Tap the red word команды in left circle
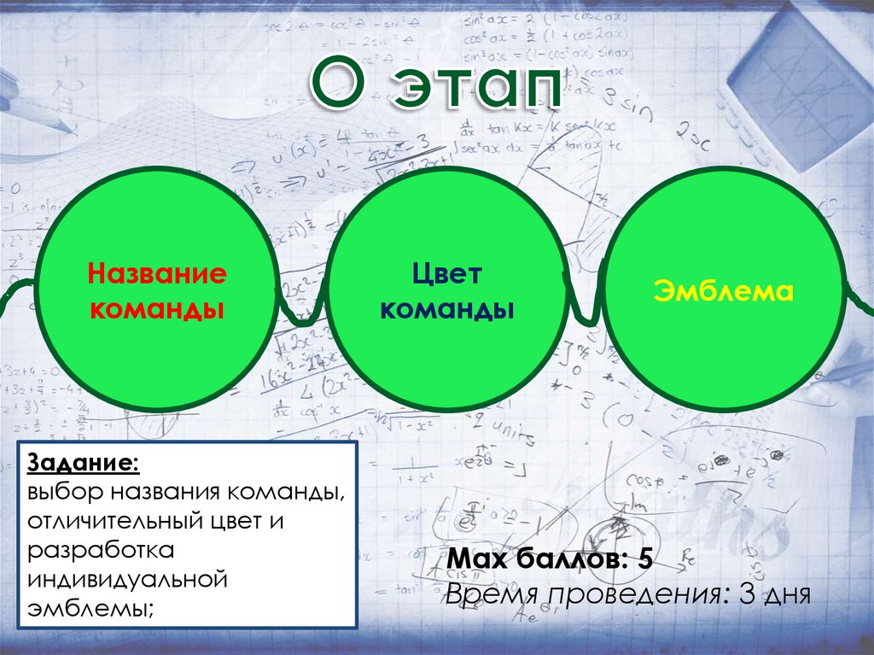pos(157,307)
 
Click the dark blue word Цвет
pos(447,273)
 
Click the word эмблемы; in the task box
pos(91,610)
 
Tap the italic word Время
pos(492,593)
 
